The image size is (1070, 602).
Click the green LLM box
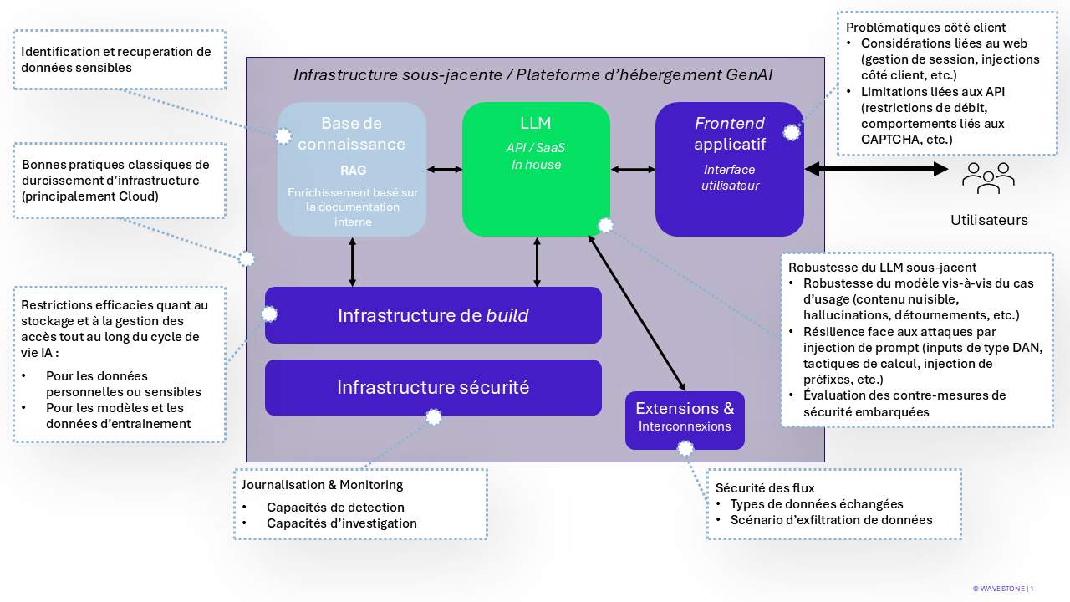click(536, 169)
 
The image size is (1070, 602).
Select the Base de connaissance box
click(352, 169)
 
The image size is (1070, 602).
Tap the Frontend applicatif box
click(730, 169)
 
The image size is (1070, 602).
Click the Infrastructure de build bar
click(433, 315)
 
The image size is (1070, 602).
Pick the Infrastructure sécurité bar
click(433, 387)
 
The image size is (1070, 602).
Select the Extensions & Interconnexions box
click(685, 421)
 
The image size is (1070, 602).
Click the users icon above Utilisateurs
click(988, 178)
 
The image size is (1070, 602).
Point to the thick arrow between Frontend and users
click(877, 169)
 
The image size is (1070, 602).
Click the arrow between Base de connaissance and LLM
click(444, 169)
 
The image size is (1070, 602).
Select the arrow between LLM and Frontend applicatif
click(633, 169)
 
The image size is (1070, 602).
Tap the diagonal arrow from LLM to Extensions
click(637, 314)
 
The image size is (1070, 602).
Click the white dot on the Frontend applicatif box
click(792, 133)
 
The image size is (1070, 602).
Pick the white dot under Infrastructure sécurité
click(434, 417)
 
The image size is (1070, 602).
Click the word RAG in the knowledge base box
click(354, 170)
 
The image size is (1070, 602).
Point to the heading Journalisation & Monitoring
click(322, 485)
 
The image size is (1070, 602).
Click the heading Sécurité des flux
click(765, 487)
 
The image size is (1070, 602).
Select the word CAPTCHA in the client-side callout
click(884, 140)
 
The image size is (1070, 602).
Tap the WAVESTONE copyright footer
click(1002, 589)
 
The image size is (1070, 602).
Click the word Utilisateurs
click(989, 220)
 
